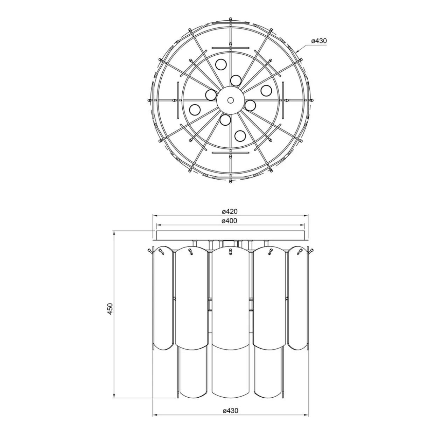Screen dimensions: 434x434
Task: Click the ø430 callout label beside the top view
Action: pos(319,41)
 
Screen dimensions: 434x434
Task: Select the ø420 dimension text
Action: pos(230,211)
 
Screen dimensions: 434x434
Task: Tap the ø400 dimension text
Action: pos(230,221)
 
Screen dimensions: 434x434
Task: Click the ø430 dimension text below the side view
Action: pos(230,398)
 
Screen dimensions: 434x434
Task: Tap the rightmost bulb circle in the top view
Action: pos(266,91)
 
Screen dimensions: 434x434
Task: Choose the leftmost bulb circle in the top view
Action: pos(195,110)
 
